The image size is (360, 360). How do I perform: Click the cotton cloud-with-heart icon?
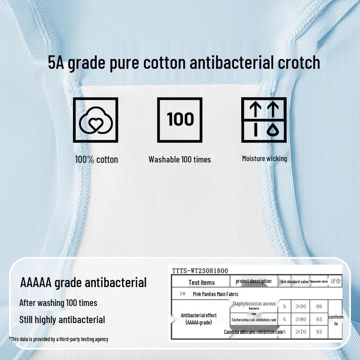(95, 120)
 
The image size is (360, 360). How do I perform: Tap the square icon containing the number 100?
(180, 120)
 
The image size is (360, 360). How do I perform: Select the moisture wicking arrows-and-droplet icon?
(264, 120)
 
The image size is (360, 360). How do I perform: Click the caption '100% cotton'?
(96, 159)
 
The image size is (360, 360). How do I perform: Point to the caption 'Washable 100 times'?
(180, 159)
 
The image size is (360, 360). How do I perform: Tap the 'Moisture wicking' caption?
(264, 158)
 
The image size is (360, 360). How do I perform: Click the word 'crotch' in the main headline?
(299, 63)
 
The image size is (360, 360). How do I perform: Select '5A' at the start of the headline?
(57, 63)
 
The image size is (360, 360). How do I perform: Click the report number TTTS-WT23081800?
(200, 271)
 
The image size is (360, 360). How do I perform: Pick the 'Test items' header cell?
(201, 283)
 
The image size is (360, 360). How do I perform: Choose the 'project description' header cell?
(253, 281)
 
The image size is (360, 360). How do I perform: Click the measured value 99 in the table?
(319, 306)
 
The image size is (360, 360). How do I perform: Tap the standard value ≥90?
(300, 306)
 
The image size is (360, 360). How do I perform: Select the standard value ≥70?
(300, 332)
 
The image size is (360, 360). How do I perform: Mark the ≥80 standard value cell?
(300, 319)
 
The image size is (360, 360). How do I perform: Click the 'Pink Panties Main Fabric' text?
(216, 294)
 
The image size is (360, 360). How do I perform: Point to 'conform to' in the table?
(336, 320)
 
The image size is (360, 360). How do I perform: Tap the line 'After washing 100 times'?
(58, 303)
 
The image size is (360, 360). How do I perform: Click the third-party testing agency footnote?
(58, 339)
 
